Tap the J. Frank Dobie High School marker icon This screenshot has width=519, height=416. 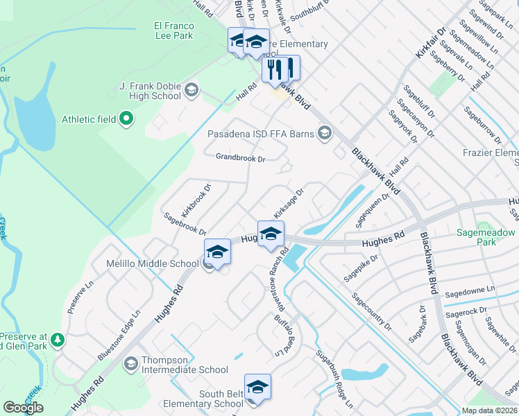(191, 90)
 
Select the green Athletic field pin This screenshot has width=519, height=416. (126, 119)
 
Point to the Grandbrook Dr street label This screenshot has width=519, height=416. (240, 158)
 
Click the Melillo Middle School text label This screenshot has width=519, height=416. (152, 263)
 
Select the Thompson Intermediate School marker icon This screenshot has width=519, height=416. (130, 363)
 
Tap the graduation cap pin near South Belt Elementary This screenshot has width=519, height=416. (257, 387)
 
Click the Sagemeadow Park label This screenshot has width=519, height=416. (486, 238)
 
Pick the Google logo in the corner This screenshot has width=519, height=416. (23, 407)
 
